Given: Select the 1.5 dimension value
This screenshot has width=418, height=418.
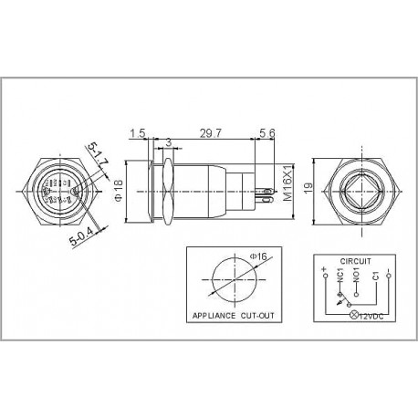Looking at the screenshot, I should (x=137, y=132).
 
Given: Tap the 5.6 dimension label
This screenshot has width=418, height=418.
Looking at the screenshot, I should (x=267, y=132).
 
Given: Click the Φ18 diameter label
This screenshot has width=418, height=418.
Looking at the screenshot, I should (x=118, y=191).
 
